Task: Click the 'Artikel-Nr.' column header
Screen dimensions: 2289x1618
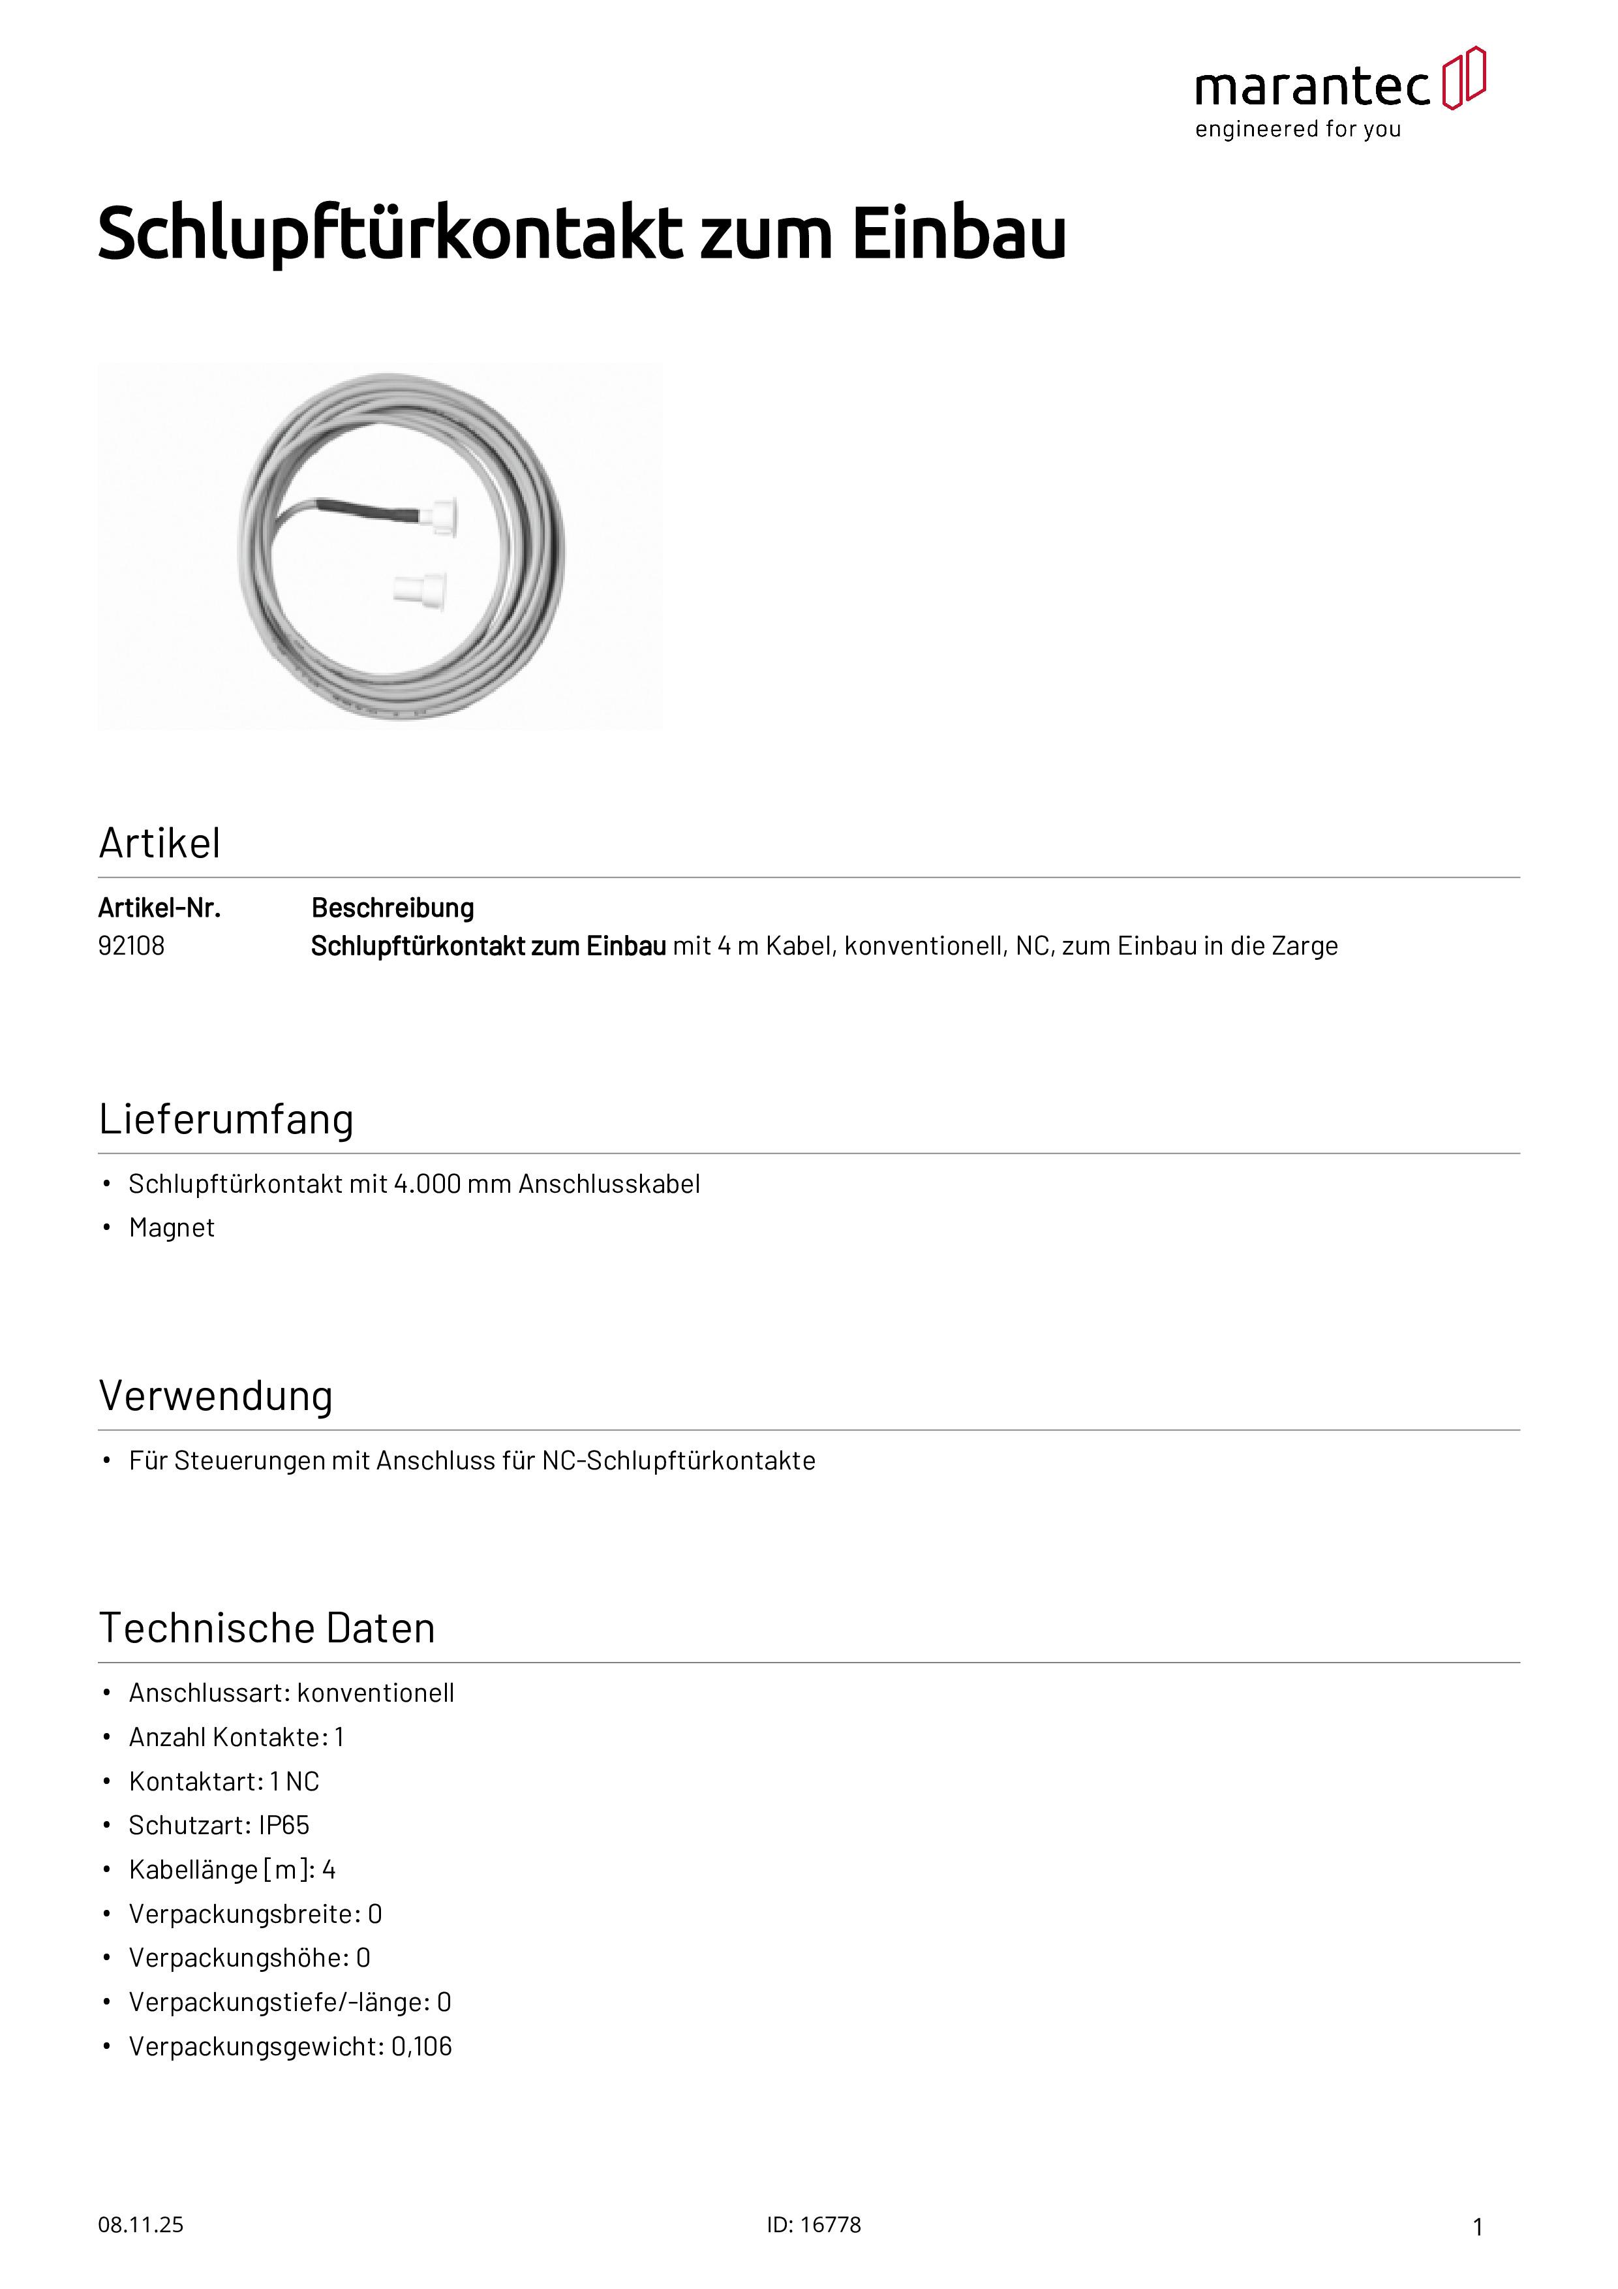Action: tap(159, 908)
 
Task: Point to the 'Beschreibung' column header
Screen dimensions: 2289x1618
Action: tap(393, 908)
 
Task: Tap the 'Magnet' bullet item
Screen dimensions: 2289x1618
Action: tap(172, 1228)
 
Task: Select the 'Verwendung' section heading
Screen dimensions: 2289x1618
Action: tap(215, 1396)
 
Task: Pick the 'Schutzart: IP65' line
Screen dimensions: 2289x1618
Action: tap(219, 1826)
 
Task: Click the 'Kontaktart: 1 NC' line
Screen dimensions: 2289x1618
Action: tap(224, 1781)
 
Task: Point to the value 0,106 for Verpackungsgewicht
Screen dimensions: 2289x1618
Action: tap(421, 2047)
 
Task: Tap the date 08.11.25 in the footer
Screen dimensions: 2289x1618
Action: tap(140, 2224)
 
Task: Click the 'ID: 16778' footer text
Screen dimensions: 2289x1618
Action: tap(814, 2224)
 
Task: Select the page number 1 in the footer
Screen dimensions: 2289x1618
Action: tap(1478, 2226)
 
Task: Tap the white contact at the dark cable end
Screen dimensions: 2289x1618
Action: tap(438, 516)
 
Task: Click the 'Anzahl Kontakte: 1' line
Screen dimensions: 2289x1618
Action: tap(236, 1738)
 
